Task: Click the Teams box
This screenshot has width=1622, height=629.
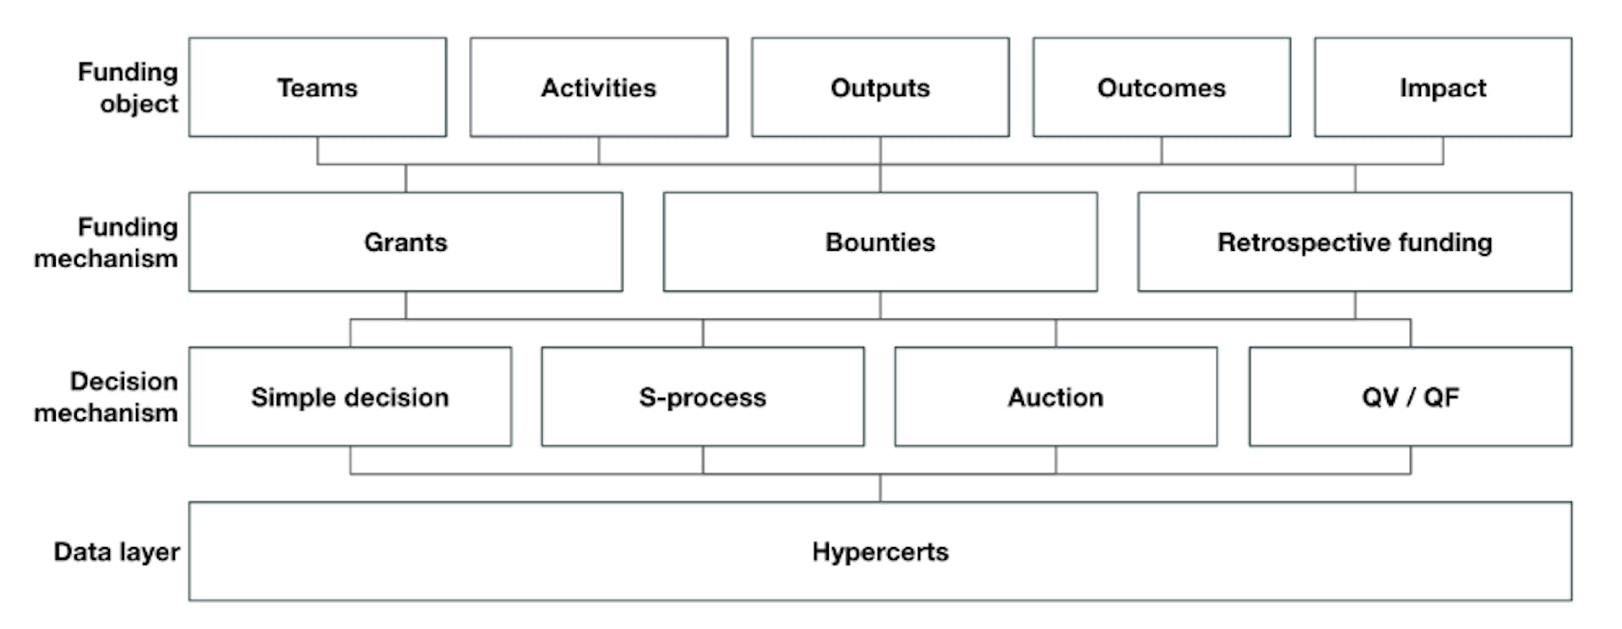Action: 318,87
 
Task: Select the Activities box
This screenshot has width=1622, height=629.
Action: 598,87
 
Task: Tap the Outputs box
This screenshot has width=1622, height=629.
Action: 879,87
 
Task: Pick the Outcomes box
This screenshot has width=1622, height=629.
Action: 1161,87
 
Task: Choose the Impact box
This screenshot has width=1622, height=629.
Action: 1442,87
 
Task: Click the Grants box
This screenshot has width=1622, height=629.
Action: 405,242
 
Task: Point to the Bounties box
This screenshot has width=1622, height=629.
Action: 879,242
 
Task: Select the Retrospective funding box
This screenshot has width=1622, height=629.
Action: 1354,242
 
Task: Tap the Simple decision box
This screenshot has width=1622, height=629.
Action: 350,397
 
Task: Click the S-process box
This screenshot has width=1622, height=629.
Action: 702,397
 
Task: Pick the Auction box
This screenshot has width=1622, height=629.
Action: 1055,397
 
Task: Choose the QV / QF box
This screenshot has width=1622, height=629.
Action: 1410,397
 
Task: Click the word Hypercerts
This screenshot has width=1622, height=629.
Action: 879,551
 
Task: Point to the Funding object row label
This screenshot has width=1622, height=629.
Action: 128,88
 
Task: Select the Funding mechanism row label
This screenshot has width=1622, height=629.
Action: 106,242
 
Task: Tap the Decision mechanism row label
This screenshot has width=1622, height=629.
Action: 106,397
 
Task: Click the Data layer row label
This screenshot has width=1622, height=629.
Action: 117,551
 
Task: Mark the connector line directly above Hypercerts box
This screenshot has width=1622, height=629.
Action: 880,488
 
